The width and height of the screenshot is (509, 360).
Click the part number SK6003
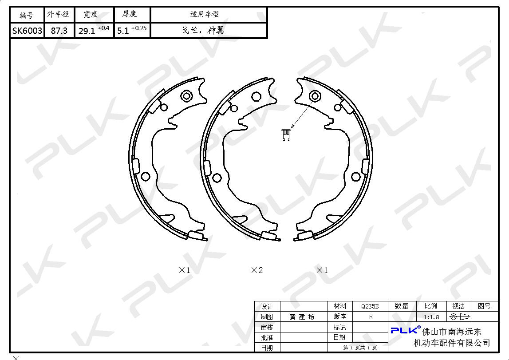pos(27,31)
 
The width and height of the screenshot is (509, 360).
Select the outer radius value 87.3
pos(59,31)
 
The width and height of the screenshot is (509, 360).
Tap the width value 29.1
pos(87,31)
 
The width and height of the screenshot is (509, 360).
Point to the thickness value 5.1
pos(123,31)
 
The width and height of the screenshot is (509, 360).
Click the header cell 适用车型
pos(205,14)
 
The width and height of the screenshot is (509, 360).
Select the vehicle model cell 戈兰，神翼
pos(203,31)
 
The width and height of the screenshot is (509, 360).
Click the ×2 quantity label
pos(257,270)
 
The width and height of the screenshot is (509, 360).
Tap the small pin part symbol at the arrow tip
pos(286,135)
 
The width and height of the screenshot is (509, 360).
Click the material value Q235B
pos(370,306)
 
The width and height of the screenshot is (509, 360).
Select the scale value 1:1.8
pos(431,317)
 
